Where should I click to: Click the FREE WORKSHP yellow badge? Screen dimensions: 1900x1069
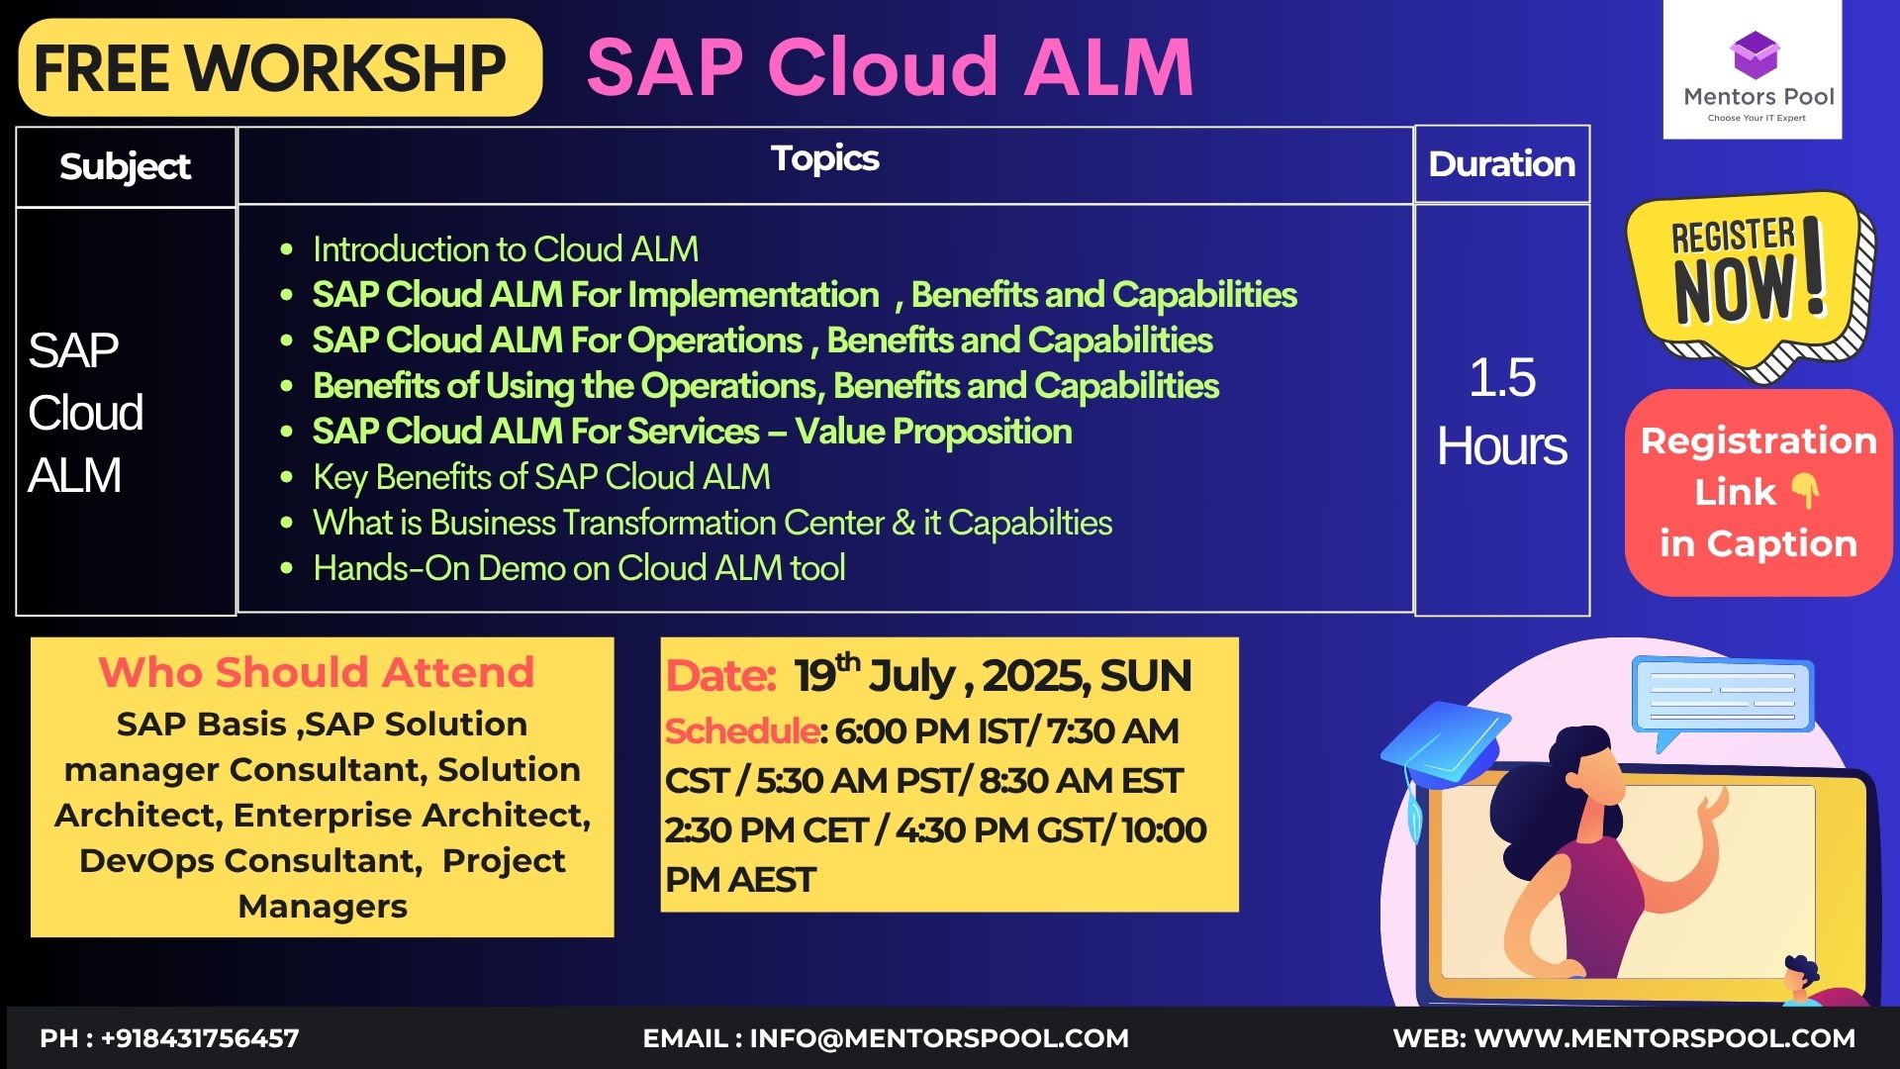[x=280, y=67]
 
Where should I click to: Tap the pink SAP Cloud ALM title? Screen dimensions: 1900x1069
[x=890, y=67]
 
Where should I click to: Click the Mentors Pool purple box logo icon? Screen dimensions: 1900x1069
[x=1754, y=55]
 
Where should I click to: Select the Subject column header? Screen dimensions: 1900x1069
[x=126, y=166]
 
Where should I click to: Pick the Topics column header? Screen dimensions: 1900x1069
[x=825, y=158]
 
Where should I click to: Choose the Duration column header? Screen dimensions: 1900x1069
[x=1501, y=164]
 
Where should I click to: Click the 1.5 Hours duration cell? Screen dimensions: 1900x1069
[x=1501, y=411]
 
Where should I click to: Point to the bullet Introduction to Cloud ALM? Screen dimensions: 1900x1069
[x=506, y=249]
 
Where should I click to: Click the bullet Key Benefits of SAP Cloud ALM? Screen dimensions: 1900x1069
[x=541, y=477]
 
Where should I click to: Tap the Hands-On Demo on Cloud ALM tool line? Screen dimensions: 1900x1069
[x=579, y=568]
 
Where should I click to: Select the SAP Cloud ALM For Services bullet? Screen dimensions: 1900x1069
[x=692, y=432]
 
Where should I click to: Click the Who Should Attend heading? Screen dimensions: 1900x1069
[x=317, y=672]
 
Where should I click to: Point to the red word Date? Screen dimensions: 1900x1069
[x=720, y=677]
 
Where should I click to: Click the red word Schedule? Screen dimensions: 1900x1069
[x=742, y=731]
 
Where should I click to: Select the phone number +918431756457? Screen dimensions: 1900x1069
[x=200, y=1038]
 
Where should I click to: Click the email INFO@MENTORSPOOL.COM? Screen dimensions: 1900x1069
[x=939, y=1038]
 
